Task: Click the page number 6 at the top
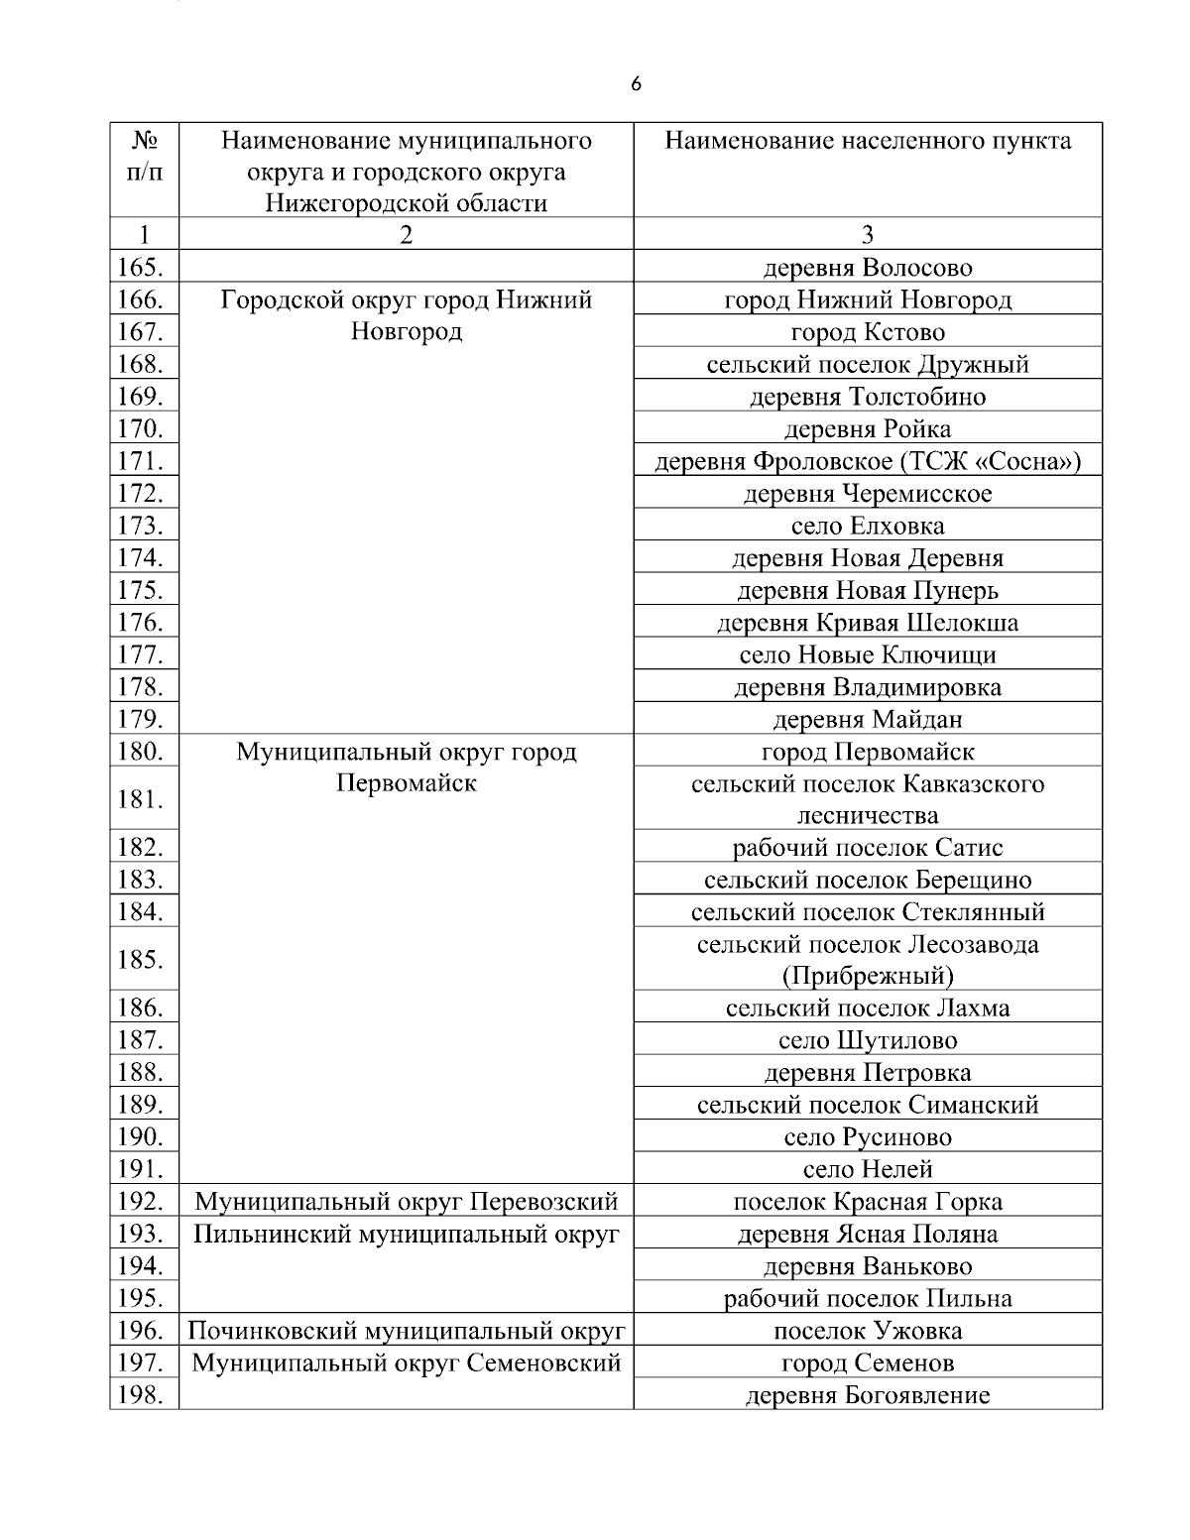pos(636,84)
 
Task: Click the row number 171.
pos(140,460)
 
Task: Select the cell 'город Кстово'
pos(867,332)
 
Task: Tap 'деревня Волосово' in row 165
pos(867,268)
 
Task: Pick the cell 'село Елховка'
pos(867,526)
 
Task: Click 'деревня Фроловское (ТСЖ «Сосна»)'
pos(867,461)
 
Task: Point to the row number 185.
pos(140,959)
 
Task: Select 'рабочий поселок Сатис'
pos(867,848)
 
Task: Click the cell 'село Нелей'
pos(867,1169)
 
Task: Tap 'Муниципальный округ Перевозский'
pos(407,1202)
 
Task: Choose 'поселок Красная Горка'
pos(867,1202)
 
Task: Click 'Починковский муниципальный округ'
pos(407,1331)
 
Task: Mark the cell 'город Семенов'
pos(867,1362)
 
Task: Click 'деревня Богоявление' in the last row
pos(867,1395)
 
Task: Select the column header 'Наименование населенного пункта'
pos(867,141)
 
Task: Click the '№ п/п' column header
pos(145,156)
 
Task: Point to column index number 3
pos(867,234)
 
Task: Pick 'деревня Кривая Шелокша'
pos(867,623)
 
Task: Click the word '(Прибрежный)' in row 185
pos(867,976)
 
